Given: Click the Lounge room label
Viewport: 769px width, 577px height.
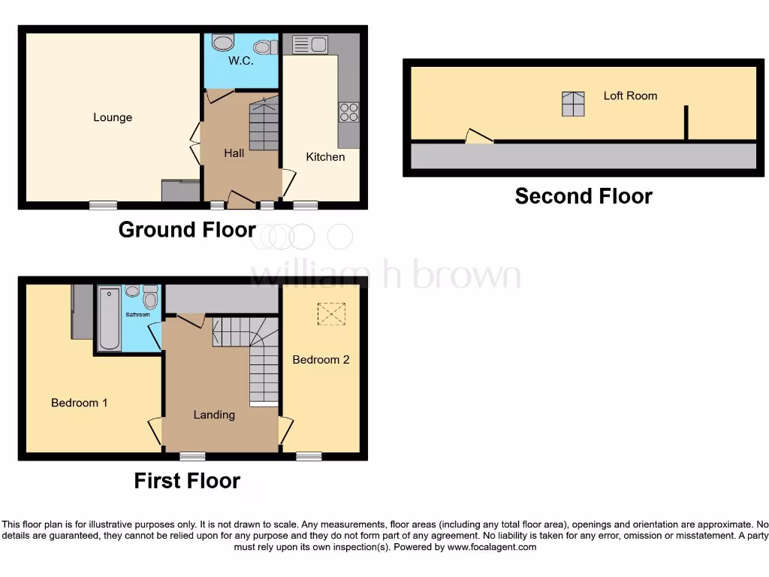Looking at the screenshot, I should [x=113, y=117].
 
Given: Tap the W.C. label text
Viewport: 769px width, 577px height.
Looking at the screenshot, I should [x=241, y=61].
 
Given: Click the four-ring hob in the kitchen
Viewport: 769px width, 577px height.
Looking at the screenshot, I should [x=348, y=112].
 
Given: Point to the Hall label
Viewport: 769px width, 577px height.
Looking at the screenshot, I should [x=234, y=153].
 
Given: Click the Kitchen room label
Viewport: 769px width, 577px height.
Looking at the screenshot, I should [x=325, y=157].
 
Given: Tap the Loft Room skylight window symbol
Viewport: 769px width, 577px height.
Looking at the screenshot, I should [x=573, y=104].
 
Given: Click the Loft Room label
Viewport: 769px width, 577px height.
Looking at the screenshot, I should [x=630, y=95].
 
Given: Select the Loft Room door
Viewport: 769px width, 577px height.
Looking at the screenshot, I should [x=478, y=137].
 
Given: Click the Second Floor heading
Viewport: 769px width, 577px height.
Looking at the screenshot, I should [x=584, y=197].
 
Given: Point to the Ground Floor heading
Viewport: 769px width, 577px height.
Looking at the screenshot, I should [x=187, y=230].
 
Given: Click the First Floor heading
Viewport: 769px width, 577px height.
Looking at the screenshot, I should [x=187, y=481].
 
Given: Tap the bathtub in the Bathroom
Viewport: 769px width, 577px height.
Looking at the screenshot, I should [x=110, y=318].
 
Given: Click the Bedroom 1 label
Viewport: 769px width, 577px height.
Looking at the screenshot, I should [x=79, y=403].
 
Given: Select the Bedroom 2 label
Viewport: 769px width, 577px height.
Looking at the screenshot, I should [x=321, y=360].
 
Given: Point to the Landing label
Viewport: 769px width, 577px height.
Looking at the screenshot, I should [x=214, y=415].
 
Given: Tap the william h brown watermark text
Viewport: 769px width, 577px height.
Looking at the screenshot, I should [x=384, y=275].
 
